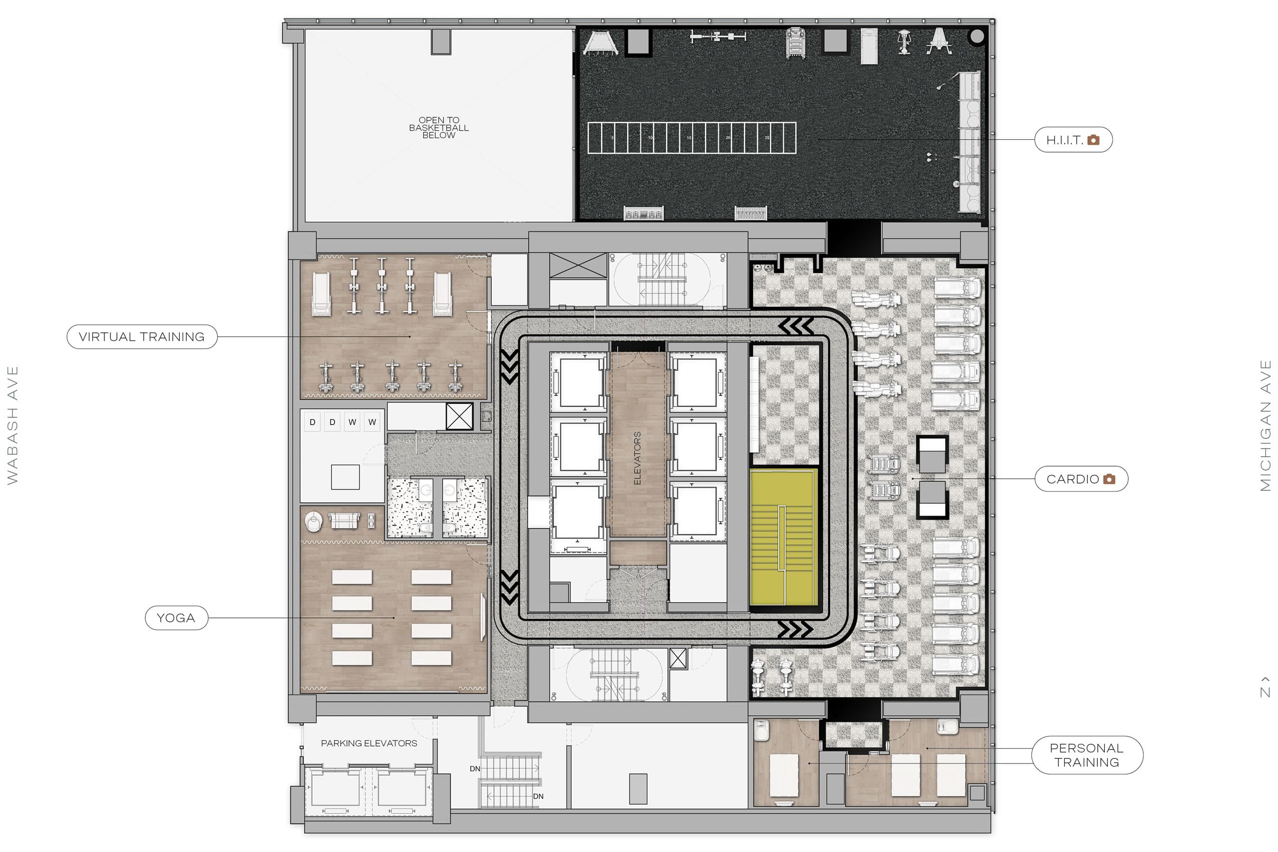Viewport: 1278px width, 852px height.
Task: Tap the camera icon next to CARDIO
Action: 1110,479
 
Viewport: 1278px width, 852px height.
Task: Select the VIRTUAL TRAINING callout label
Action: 142,337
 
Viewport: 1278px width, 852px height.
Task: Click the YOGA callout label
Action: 176,618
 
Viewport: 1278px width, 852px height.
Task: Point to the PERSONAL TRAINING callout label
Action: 1087,755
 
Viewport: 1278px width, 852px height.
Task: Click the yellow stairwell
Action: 783,538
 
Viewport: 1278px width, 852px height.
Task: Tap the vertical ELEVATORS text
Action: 638,458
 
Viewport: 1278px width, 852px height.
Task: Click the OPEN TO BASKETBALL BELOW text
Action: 438,128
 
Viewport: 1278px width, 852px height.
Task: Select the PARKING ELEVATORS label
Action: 369,743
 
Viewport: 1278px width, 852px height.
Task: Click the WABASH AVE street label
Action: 12,425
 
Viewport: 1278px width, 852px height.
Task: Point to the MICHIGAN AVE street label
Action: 1266,425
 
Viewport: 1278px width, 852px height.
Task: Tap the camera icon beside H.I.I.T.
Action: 1093,140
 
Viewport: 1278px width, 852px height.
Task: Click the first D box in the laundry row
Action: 313,422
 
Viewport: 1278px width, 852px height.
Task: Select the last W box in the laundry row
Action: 372,422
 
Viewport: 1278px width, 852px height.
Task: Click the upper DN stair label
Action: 475,769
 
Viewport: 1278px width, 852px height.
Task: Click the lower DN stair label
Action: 538,797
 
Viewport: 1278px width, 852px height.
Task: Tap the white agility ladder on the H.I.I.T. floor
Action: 692,138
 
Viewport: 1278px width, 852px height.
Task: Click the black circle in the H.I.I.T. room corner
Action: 976,36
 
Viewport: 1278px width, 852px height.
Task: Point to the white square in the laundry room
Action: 345,477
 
